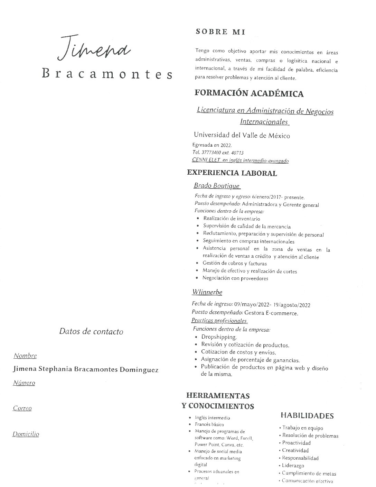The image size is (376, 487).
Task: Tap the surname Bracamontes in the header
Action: click(107, 74)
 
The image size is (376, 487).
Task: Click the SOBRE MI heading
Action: click(220, 32)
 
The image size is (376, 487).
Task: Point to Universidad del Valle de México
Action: click(242, 136)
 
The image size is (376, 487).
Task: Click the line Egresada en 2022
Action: click(212, 145)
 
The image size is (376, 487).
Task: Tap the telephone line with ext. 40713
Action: click(218, 153)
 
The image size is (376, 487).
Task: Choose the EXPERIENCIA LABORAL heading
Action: click(232, 173)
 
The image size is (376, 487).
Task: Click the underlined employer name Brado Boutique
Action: click(217, 186)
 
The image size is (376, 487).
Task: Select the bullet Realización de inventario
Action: click(232, 219)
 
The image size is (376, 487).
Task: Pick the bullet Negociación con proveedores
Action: click(235, 278)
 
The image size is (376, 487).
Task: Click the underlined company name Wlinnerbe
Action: click(207, 292)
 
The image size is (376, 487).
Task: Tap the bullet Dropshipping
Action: click(219, 337)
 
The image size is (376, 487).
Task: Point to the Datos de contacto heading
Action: click(91, 331)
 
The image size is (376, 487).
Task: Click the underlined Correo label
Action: click(22, 408)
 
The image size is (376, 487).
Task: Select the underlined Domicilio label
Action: click(26, 434)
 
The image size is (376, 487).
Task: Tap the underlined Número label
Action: click(24, 383)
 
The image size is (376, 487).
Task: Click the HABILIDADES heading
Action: click(307, 416)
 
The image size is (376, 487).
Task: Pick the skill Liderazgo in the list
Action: click(293, 466)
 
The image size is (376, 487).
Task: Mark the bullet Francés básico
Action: click(209, 424)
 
